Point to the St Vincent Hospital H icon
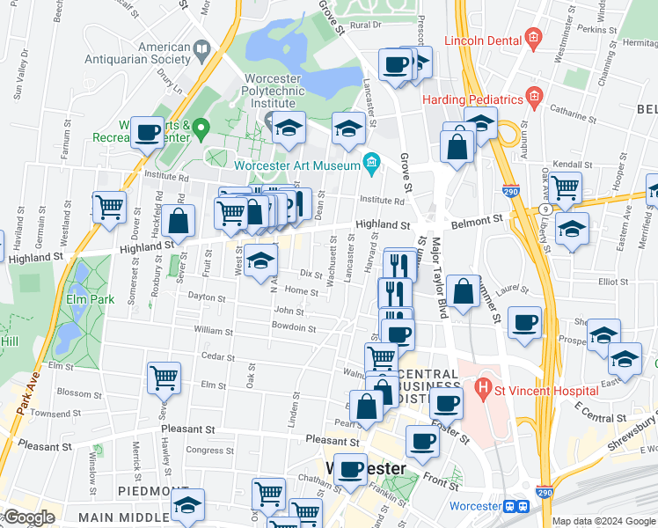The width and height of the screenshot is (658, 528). pyautogui.click(x=482, y=385)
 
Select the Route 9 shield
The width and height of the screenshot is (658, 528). pyautogui.click(x=546, y=209)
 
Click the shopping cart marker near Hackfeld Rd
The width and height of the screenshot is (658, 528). pyautogui.click(x=109, y=208)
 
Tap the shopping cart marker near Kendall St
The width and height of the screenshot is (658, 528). pyautogui.click(x=565, y=186)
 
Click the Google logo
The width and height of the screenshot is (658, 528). pyautogui.click(x=28, y=517)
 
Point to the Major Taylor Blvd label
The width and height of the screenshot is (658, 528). pyautogui.click(x=438, y=277)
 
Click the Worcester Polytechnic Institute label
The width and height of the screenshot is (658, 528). pyautogui.click(x=267, y=92)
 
